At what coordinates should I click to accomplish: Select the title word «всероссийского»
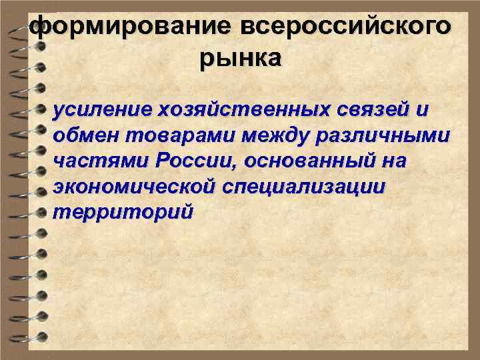click(x=345, y=27)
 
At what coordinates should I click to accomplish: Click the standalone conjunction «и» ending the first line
click(x=419, y=109)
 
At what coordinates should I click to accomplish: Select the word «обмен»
click(x=83, y=135)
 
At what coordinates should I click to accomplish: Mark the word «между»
click(x=269, y=135)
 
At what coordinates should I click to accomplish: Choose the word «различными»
click(x=385, y=135)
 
